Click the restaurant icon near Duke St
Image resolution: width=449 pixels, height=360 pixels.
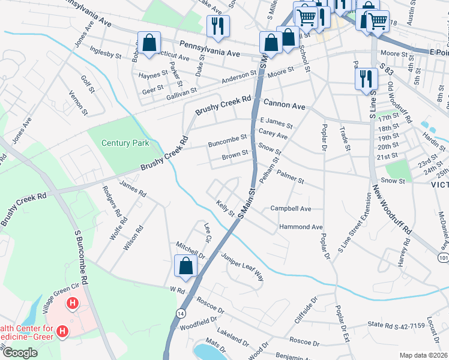(x=215, y=26)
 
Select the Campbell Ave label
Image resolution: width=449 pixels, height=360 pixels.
(x=291, y=209)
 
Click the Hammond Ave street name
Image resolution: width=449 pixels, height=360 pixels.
(x=301, y=227)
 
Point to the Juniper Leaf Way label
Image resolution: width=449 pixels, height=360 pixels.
(x=243, y=267)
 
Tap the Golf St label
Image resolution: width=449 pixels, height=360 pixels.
(x=88, y=85)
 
